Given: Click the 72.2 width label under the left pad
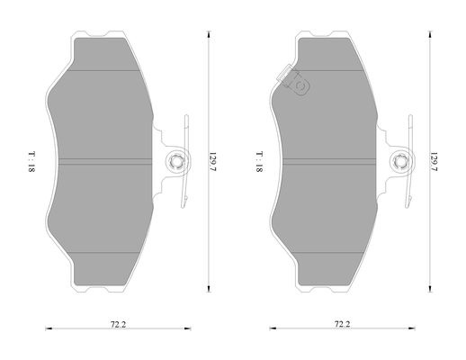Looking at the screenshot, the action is tap(118, 324).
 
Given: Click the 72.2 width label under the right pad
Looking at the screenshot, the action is tap(342, 324).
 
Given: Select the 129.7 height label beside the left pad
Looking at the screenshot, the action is tap(212, 161).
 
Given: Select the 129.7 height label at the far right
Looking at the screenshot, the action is tap(434, 161).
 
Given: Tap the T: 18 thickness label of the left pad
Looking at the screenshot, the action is tap(31, 161).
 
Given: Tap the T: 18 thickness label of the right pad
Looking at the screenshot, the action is tap(259, 161).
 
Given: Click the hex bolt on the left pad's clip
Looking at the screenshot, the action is tap(175, 162).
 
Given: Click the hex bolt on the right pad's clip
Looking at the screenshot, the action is tap(400, 162).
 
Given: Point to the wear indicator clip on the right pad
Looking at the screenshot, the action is tap(293, 80).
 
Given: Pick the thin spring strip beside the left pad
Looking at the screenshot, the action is tap(184, 161).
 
